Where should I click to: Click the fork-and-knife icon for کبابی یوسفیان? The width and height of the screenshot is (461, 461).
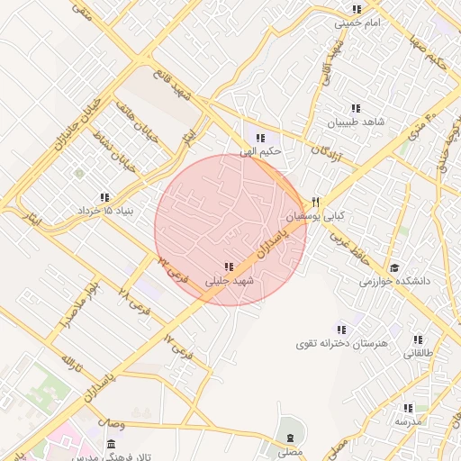tap(315, 202)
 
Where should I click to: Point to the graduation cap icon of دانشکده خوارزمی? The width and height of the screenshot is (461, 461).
tap(394, 267)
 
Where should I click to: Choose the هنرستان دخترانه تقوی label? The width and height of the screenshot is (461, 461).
tap(340, 344)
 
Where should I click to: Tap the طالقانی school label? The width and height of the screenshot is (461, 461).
tap(417, 353)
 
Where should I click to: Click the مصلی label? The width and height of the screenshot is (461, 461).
tap(290, 451)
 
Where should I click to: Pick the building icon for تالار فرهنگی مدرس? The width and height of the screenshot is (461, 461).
tap(111, 445)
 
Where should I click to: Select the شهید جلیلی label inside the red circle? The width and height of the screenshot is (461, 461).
tap(230, 280)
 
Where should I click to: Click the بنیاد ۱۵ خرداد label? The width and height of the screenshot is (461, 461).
tap(104, 210)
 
